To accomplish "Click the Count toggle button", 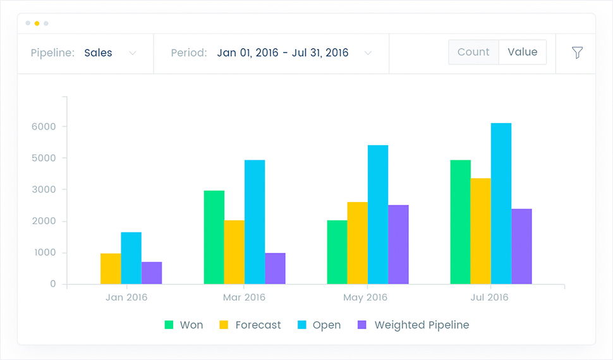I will coord(473,52).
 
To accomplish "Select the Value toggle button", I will coord(522,52).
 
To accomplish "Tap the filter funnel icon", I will coord(577,53).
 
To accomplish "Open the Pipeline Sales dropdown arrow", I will coord(133,53).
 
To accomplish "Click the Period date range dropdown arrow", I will coord(368,53).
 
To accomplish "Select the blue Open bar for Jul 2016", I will coord(501,203).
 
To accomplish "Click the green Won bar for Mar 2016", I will coord(214,237).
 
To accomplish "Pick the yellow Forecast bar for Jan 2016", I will coord(111,269).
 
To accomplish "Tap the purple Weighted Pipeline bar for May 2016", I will coord(398,244).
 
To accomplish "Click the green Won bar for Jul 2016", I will coord(460,222).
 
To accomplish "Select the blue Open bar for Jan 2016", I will coord(131,258).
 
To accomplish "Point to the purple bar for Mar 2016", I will coord(275,268).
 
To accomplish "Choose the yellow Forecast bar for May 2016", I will coord(357,243).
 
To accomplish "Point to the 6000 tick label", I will coord(44,126).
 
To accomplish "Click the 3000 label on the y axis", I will coord(44,189).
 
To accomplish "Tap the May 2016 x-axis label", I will coord(366,297).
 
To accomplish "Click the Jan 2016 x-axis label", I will coord(126,297).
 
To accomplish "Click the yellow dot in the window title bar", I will coord(37,23).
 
